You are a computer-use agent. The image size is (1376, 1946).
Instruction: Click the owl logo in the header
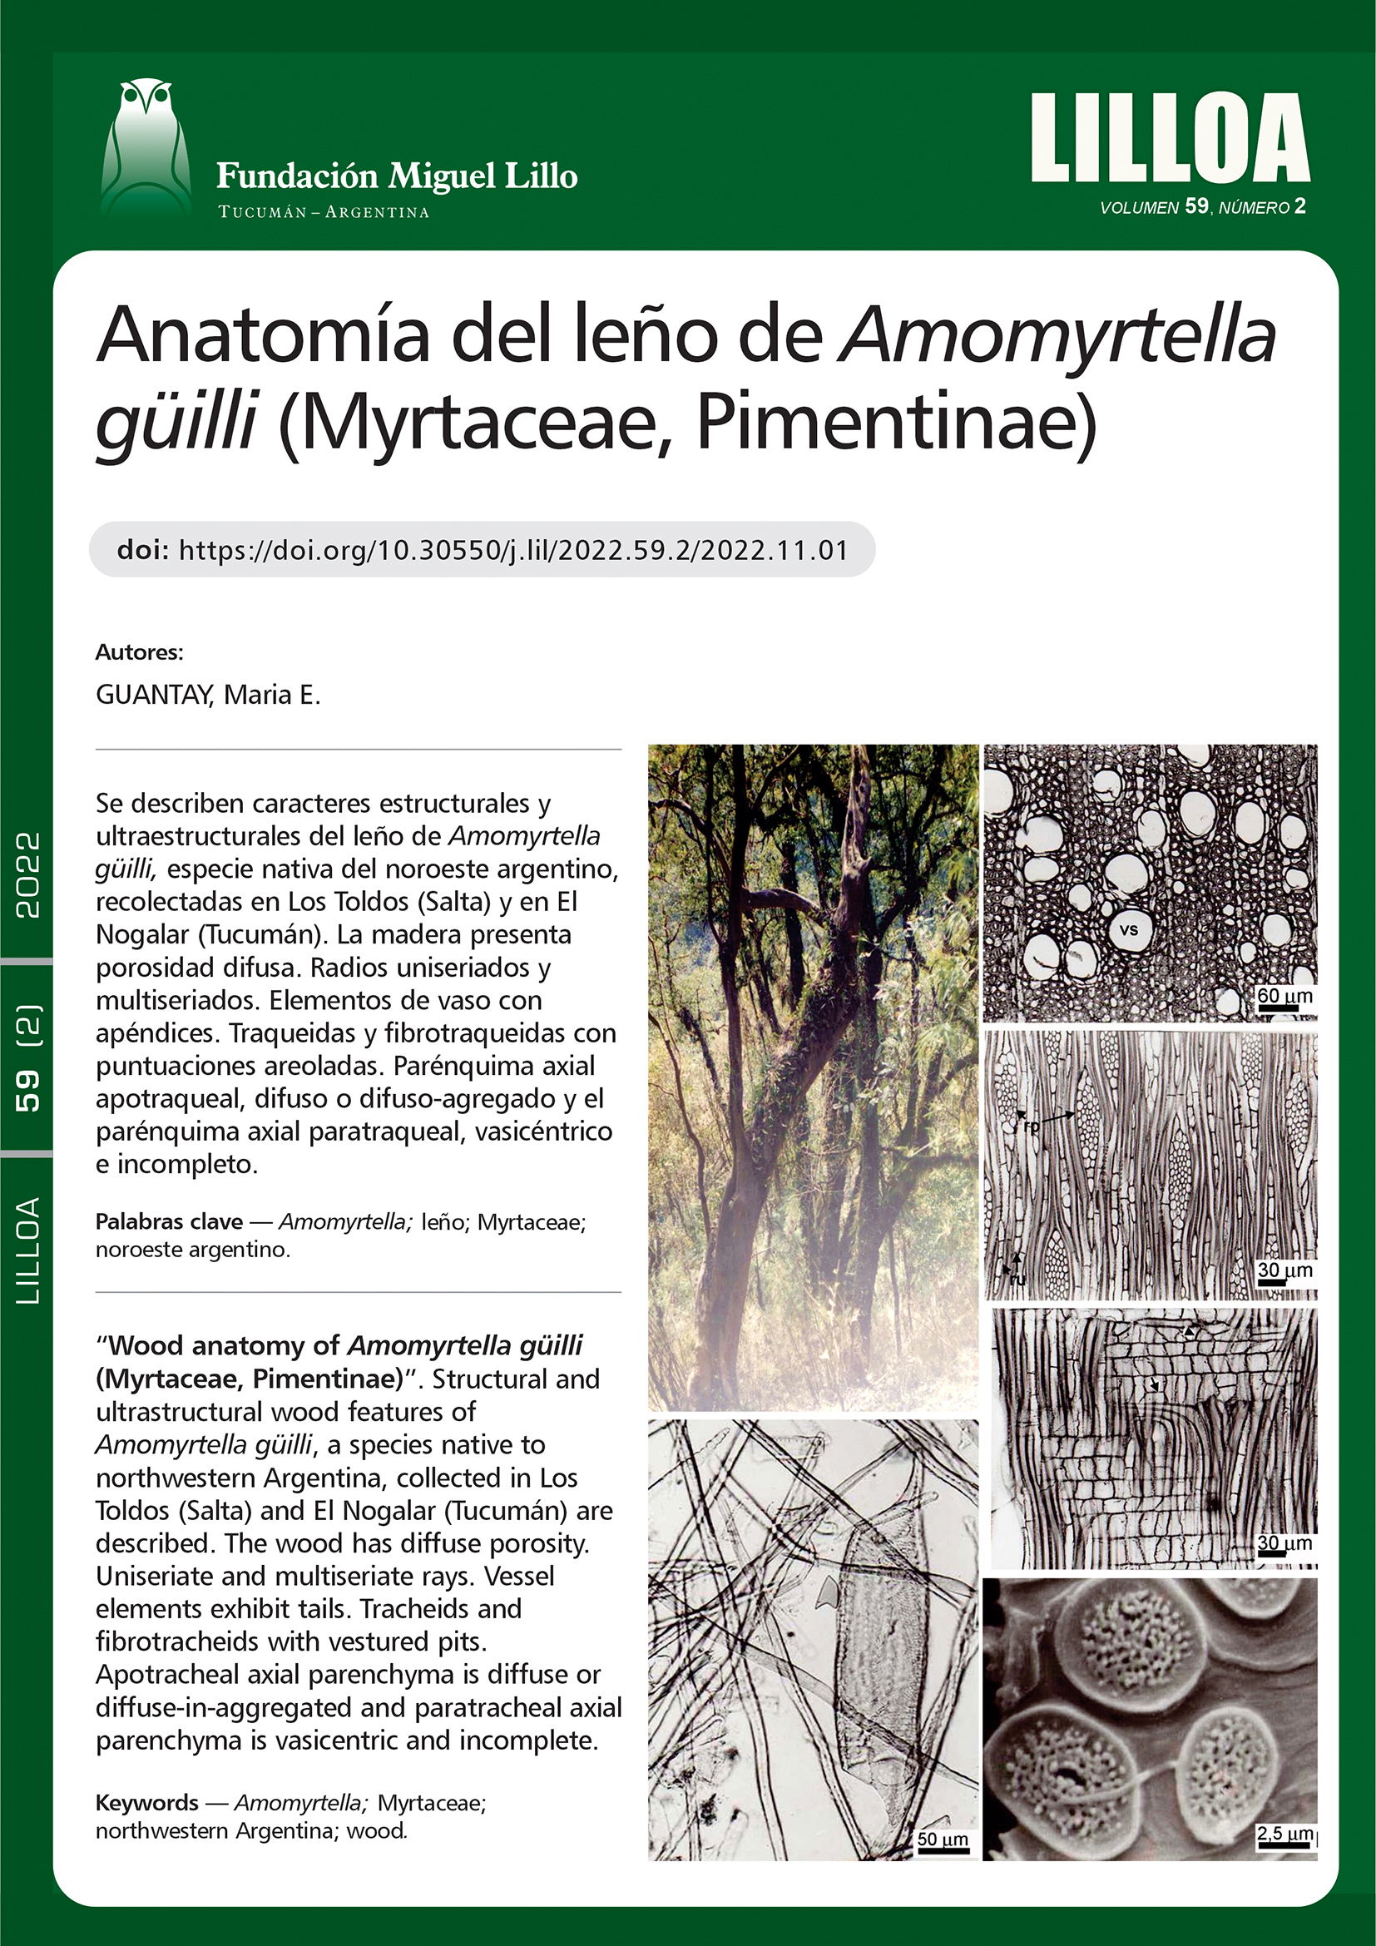[x=145, y=148]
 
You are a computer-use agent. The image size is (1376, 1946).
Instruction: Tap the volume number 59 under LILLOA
[x=1195, y=206]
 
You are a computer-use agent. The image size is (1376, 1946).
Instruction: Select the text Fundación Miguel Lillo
[x=397, y=176]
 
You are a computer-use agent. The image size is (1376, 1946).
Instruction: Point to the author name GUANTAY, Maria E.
[x=208, y=695]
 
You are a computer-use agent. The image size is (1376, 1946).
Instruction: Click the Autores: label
[x=139, y=652]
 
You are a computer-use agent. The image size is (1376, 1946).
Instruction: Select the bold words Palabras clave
[x=169, y=1222]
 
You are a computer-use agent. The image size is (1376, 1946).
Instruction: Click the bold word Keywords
[x=146, y=1803]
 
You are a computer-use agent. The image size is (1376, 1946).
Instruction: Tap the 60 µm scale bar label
[x=1284, y=997]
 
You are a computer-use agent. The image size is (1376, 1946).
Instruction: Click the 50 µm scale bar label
[x=943, y=1840]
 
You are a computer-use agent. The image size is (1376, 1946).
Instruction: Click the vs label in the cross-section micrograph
[x=1129, y=930]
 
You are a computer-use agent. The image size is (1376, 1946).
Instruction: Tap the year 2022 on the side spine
[x=27, y=874]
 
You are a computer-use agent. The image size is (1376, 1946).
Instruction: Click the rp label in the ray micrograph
[x=1031, y=1127]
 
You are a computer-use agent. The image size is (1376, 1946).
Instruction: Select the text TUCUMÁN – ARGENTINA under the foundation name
[x=324, y=212]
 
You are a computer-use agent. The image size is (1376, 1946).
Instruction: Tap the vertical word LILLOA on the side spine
[x=27, y=1250]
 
